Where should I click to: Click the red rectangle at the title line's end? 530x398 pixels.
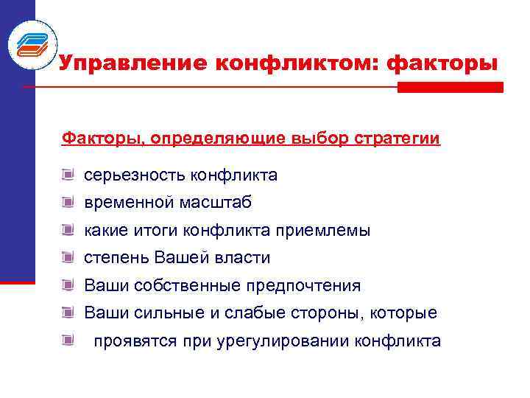[450, 87]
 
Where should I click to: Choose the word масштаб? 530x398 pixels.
[213, 203]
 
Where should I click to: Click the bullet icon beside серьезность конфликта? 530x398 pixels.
[68, 175]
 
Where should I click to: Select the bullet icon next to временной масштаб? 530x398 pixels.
[68, 203]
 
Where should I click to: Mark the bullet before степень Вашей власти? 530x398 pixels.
[68, 258]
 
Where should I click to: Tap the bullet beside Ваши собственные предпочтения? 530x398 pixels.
[68, 285]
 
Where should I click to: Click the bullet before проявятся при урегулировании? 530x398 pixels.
[68, 341]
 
